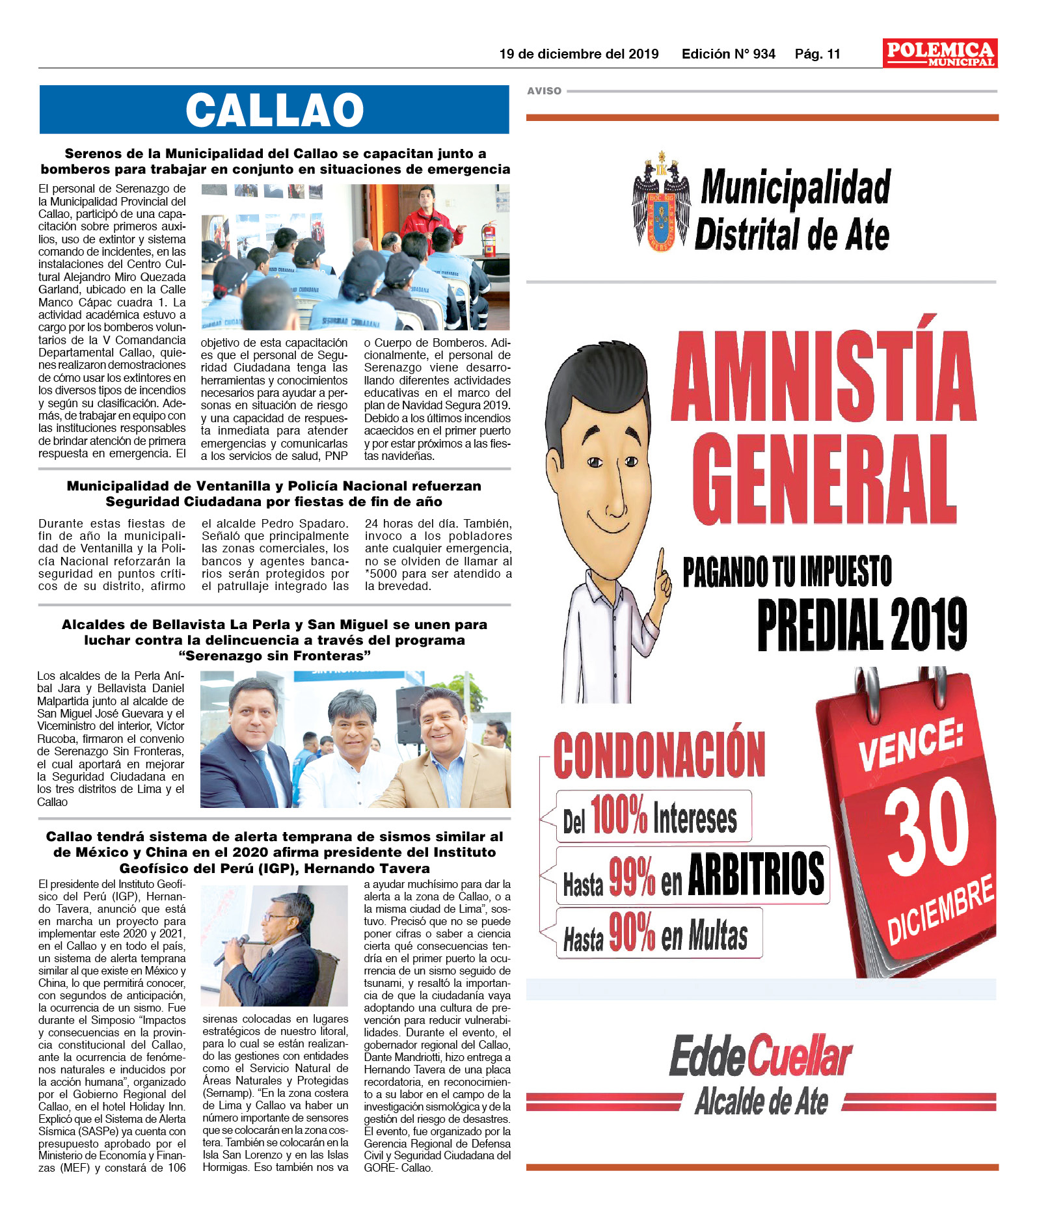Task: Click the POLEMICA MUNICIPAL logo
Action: [x=939, y=53]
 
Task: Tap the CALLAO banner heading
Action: [x=274, y=109]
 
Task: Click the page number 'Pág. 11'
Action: [x=817, y=54]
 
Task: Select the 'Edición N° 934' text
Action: [x=728, y=54]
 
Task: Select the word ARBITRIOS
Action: [x=756, y=874]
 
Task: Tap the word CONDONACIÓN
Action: [x=659, y=755]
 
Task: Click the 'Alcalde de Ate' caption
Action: [x=761, y=1102]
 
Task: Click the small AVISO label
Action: [x=544, y=91]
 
